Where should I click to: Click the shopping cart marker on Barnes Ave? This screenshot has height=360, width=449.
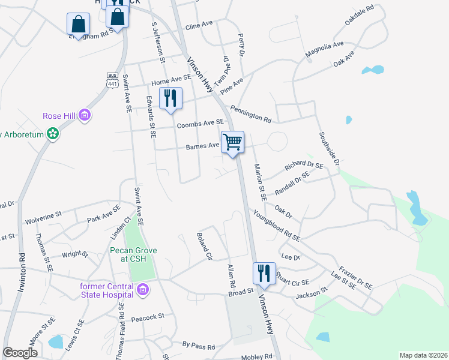pos(232,143)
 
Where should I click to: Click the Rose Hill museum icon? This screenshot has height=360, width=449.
pos(85,115)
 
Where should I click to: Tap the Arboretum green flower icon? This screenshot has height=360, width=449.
pos(53,134)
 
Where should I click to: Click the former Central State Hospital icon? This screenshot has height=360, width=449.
pos(143,291)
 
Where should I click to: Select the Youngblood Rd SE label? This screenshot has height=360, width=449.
pos(276,226)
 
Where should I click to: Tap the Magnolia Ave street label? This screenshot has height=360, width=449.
pos(324,50)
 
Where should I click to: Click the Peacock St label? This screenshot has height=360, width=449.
pos(148,316)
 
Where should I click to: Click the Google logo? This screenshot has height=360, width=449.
pos(20,353)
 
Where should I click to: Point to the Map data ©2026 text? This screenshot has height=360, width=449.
pos(423,355)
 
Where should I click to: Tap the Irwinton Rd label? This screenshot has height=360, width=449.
pos(22,265)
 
